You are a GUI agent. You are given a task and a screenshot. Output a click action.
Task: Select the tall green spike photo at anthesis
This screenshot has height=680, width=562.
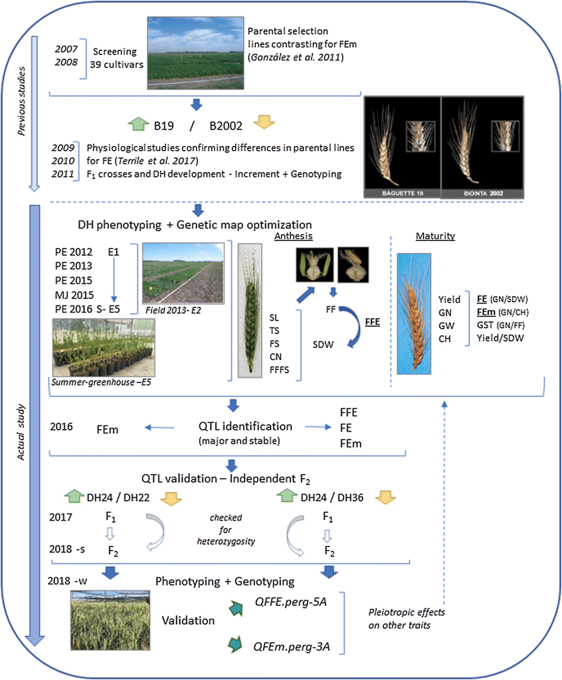click(x=252, y=309)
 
